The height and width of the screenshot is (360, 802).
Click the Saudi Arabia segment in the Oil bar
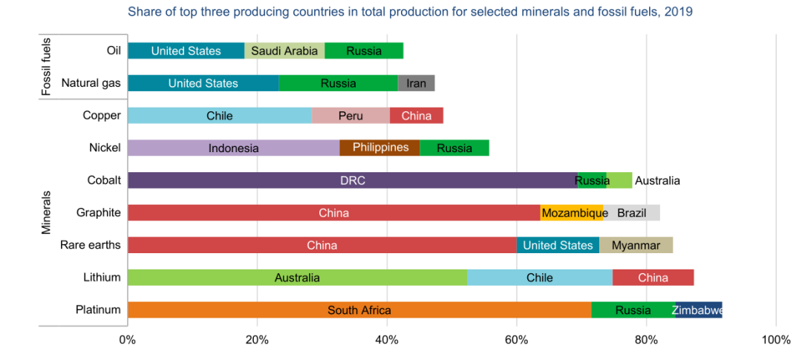pos(284,50)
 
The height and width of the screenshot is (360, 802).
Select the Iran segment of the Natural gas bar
pos(416,83)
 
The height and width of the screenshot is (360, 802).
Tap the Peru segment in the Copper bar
pos(351,115)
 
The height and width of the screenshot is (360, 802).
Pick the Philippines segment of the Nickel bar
pos(379,148)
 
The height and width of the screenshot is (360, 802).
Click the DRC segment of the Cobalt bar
pos(352,180)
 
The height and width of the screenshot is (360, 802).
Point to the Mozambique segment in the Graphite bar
pos(571,213)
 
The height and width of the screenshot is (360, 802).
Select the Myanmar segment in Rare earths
pos(636,245)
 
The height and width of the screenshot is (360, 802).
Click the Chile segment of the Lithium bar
pos(539,278)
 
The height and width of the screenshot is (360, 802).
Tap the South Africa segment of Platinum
pos(359,310)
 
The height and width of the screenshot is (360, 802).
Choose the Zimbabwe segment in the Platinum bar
pos(697,310)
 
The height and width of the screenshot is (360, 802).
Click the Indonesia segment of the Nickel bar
pos(233,148)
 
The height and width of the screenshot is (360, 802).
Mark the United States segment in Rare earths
pos(558,245)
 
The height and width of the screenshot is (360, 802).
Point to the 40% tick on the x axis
pos(387,340)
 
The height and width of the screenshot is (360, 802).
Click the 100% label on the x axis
pos(776,340)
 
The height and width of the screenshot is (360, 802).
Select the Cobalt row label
pos(104,180)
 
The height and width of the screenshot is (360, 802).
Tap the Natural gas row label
pos(91,83)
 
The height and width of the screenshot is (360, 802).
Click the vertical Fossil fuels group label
pos(46,66)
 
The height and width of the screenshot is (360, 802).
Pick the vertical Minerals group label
pos(46,212)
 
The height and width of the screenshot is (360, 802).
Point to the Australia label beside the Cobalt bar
pos(657,180)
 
